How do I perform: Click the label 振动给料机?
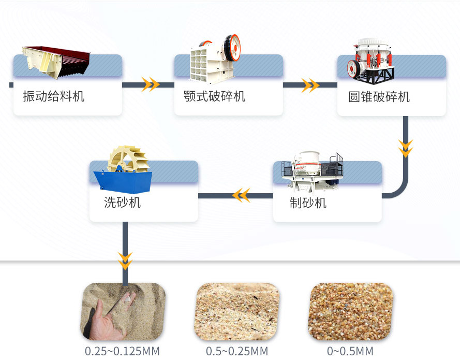[x=53, y=96]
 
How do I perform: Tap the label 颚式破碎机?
[x=214, y=96]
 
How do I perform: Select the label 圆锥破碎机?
[x=379, y=97]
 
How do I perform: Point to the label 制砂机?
[x=308, y=203]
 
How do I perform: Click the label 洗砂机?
[x=122, y=203]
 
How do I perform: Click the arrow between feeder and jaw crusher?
[x=150, y=84]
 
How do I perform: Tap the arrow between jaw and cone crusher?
[x=310, y=85]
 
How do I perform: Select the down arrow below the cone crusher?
[x=406, y=148]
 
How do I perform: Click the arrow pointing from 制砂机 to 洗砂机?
[x=241, y=195]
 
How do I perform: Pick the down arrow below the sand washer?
[x=125, y=260]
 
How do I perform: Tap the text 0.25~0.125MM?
[x=122, y=351]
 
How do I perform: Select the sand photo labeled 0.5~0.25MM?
[x=236, y=311]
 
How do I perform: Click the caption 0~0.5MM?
[x=350, y=351]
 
